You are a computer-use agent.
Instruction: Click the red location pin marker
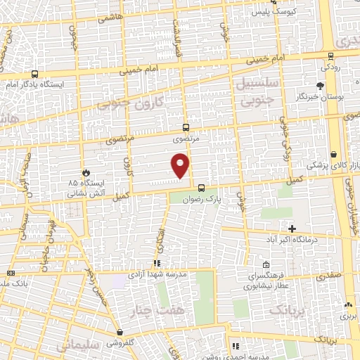(x=181, y=166)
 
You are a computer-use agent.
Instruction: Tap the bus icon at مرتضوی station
(x=186, y=127)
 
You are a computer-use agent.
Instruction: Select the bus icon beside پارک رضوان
(x=202, y=188)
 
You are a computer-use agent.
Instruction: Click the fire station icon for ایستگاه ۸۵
(x=86, y=172)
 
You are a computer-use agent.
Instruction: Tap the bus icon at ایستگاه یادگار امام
(x=35, y=74)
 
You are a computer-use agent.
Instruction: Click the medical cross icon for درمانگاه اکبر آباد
(x=292, y=229)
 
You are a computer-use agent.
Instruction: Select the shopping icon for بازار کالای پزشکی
(x=333, y=154)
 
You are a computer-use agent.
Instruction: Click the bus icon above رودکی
(x=330, y=56)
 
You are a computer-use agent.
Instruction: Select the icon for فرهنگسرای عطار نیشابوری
(x=266, y=265)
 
